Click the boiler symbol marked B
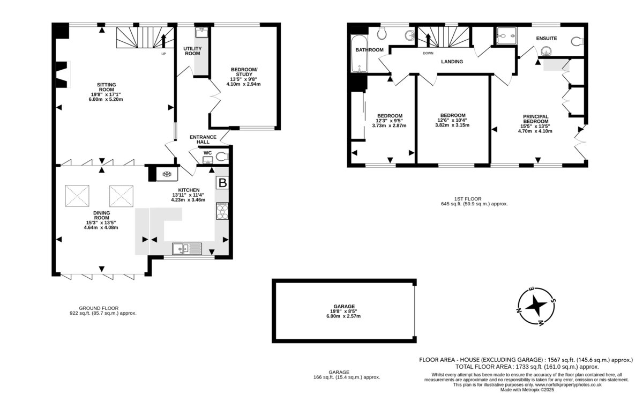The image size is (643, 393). tap(222, 183)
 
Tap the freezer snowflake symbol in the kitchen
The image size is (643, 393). tap(167, 174)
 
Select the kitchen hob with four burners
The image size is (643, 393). tap(222, 211)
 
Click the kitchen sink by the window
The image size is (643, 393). tap(187, 249)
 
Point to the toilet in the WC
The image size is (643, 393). tap(222, 157)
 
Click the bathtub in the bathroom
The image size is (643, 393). tap(359, 54)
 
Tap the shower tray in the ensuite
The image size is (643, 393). tap(507, 36)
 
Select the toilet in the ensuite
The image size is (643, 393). tap(578, 42)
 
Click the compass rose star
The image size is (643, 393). tap(536, 306)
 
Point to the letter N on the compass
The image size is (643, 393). tap(519, 310)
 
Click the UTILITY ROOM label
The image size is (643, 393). tap(192, 51)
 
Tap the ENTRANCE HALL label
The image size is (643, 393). tap(203, 139)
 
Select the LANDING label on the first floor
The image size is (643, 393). tap(452, 62)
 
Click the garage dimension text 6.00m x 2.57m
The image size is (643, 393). tap(343, 316)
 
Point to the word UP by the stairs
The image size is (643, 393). tap(163, 54)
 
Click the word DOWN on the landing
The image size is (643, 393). tap(428, 53)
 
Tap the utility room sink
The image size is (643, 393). tap(202, 33)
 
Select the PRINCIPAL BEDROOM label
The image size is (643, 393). tap(536, 119)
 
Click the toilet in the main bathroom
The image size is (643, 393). tap(382, 33)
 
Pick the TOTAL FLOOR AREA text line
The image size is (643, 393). tap(527, 367)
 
